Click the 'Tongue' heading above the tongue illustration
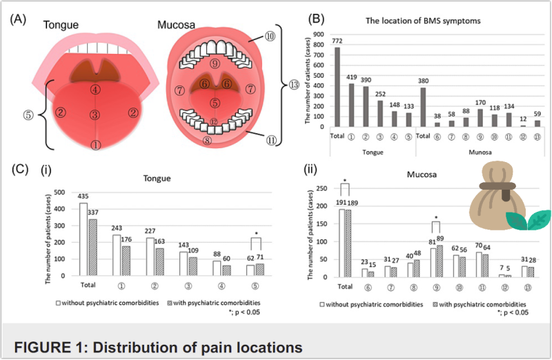tap(61, 25)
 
